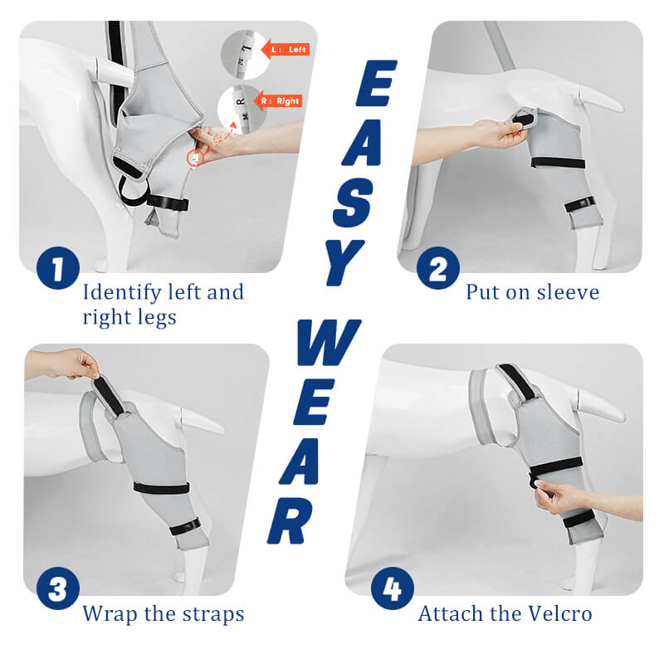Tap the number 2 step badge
coord(437,267)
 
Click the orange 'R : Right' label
coord(279,101)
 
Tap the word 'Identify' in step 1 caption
coord(121,292)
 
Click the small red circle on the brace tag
coord(193,157)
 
